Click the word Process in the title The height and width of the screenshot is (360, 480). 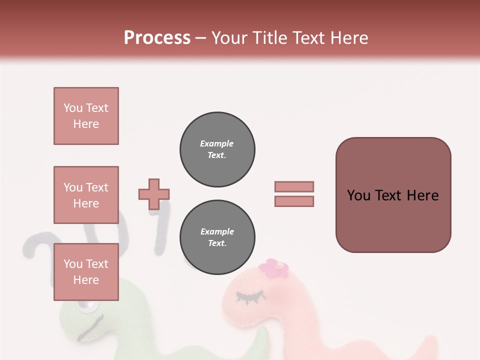point(157,37)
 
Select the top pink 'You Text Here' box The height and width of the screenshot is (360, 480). point(86,116)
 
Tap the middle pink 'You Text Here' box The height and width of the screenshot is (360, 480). point(86,195)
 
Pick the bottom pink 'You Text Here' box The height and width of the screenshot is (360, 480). point(86,272)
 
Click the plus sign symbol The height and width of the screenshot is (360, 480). point(154,194)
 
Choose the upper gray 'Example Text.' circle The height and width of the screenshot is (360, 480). point(217,149)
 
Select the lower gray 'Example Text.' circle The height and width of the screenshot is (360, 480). point(217,237)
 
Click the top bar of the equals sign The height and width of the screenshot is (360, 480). point(294,186)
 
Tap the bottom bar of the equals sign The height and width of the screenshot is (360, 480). point(294,201)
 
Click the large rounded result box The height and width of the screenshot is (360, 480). point(393,195)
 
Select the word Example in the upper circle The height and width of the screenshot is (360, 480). point(216,143)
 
